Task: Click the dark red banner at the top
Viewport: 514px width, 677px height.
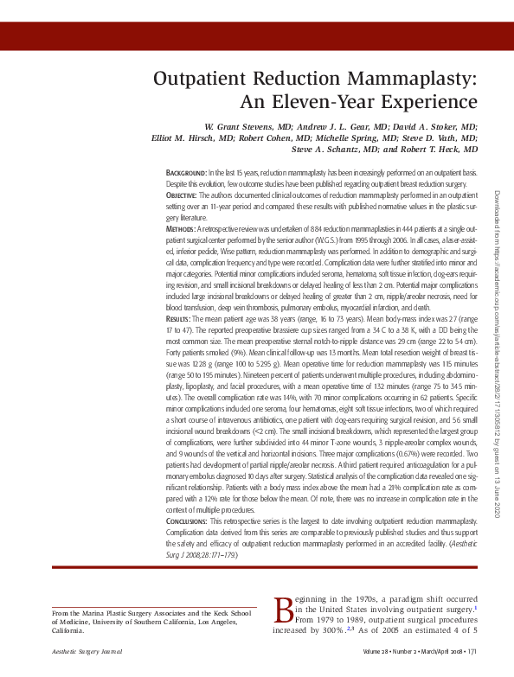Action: (257, 35)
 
